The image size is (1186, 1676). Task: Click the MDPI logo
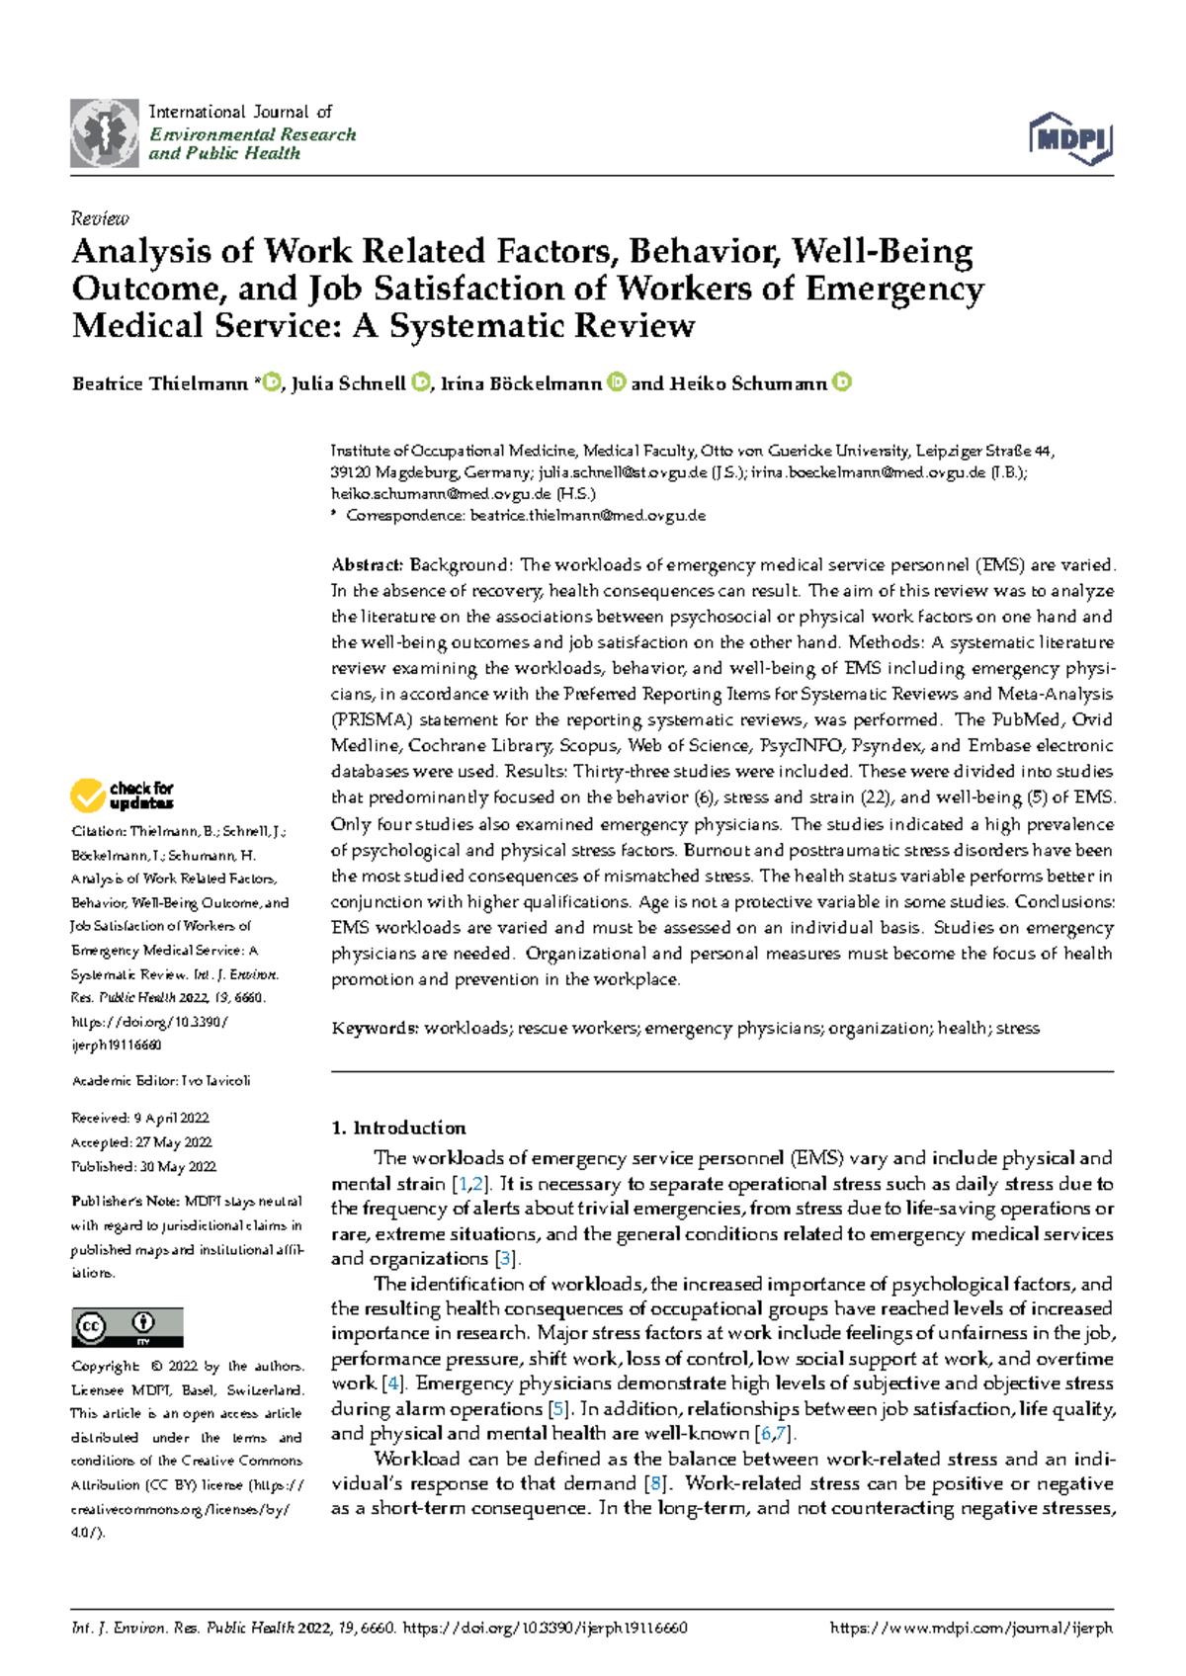point(1071,138)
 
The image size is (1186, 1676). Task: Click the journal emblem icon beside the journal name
point(104,133)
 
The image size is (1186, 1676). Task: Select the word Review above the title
point(100,218)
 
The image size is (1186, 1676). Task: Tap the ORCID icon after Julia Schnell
point(420,382)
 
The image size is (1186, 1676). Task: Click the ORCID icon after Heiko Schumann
point(842,382)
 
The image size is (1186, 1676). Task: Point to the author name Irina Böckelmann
point(521,383)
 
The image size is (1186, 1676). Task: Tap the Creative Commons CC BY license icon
point(127,1327)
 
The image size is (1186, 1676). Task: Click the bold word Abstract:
point(367,565)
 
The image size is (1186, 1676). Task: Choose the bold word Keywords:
point(375,1028)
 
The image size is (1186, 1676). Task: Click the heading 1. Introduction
point(398,1128)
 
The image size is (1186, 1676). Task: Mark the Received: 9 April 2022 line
point(140,1118)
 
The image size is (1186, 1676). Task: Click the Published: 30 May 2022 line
point(143,1166)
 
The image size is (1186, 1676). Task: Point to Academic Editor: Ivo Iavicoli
point(160,1080)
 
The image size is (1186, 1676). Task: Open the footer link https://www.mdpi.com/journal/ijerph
point(972,1628)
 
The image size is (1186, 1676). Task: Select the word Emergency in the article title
point(894,289)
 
